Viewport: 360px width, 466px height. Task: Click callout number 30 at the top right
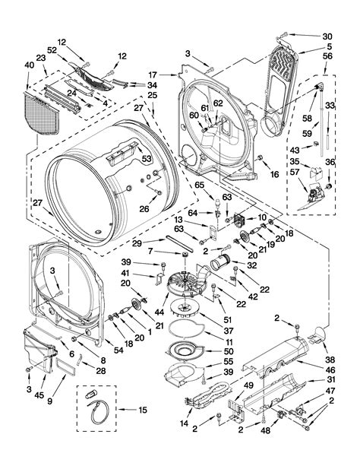(x=327, y=36)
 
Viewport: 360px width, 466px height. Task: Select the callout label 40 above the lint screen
(x=30, y=65)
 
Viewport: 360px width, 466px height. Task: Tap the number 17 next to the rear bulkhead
(x=152, y=74)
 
